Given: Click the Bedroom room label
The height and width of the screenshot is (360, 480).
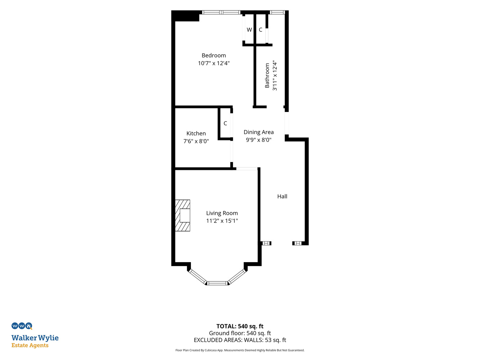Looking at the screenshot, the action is (214, 55).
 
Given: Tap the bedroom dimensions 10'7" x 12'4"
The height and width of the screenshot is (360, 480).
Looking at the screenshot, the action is (214, 63).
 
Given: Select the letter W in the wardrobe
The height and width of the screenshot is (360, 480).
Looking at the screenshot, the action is (249, 30).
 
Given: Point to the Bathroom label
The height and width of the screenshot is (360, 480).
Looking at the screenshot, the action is (267, 76).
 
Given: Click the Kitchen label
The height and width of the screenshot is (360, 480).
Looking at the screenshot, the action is (196, 133).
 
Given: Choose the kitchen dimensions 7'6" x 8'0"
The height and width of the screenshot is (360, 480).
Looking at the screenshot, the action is (196, 141).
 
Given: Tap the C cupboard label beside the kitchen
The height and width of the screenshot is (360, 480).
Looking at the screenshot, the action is (225, 123).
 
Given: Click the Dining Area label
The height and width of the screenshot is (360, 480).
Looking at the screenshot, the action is (259, 132).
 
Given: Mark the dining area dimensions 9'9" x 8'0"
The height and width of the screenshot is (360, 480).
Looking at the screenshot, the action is (259, 140).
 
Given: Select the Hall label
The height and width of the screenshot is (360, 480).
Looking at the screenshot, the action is (282, 196).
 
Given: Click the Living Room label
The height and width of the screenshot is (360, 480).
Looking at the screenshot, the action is (222, 213).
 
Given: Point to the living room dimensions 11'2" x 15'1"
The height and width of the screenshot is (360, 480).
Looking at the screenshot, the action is (222, 221).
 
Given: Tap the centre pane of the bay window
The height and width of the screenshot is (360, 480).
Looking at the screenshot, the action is (217, 283).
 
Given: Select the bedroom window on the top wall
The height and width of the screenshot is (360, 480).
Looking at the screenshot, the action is (221, 13).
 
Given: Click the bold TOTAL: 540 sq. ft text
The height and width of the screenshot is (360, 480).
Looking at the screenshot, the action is (240, 326).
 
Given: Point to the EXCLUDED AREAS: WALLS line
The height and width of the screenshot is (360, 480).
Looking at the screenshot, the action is (240, 340).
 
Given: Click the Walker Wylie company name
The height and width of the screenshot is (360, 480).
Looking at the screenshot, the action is (35, 338).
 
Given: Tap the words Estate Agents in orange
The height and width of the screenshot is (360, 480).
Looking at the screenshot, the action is (30, 346).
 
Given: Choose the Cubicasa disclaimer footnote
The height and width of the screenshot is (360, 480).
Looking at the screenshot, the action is (240, 350).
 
